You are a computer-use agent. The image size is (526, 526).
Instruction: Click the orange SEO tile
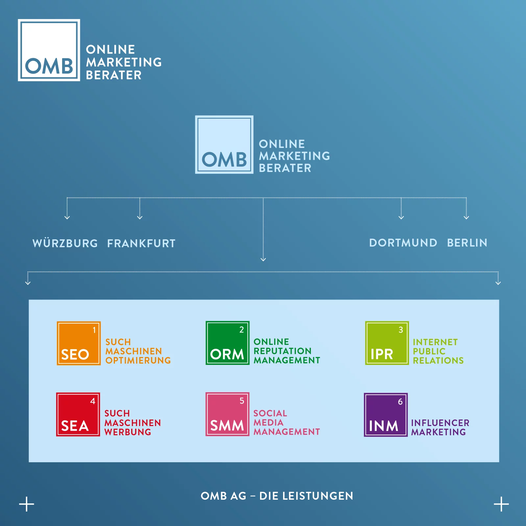pyautogui.click(x=79, y=343)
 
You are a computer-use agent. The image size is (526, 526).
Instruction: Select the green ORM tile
pyautogui.click(x=227, y=343)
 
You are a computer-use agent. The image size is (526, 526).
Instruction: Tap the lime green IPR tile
pyautogui.click(x=387, y=343)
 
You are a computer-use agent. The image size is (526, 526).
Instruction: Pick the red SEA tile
pyautogui.click(x=78, y=414)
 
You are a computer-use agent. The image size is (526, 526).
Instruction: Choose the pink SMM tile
pyautogui.click(x=227, y=414)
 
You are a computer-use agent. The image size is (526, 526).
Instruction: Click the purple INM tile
pyautogui.click(x=386, y=415)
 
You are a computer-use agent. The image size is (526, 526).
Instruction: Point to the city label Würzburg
pyautogui.click(x=65, y=243)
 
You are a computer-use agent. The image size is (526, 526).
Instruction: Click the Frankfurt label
pyautogui.click(x=141, y=244)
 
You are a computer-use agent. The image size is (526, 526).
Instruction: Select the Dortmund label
pyautogui.click(x=403, y=243)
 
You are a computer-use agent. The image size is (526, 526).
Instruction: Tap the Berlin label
pyautogui.click(x=467, y=243)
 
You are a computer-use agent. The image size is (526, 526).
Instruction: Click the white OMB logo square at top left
pyautogui.click(x=49, y=50)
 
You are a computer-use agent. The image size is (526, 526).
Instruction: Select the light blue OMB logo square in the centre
pyautogui.click(x=224, y=145)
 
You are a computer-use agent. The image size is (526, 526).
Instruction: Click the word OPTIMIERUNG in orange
pyautogui.click(x=138, y=360)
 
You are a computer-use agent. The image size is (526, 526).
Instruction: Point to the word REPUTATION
pyautogui.click(x=282, y=351)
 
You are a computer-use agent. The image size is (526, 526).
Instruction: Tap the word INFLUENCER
pyautogui.click(x=440, y=423)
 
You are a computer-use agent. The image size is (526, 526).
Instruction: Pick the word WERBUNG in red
pyautogui.click(x=128, y=432)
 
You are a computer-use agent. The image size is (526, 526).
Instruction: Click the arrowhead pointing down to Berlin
pyautogui.click(x=466, y=217)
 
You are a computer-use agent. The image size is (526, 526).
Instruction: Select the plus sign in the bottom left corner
pyautogui.click(x=27, y=504)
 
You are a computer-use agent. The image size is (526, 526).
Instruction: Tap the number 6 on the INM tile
pyautogui.click(x=400, y=401)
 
